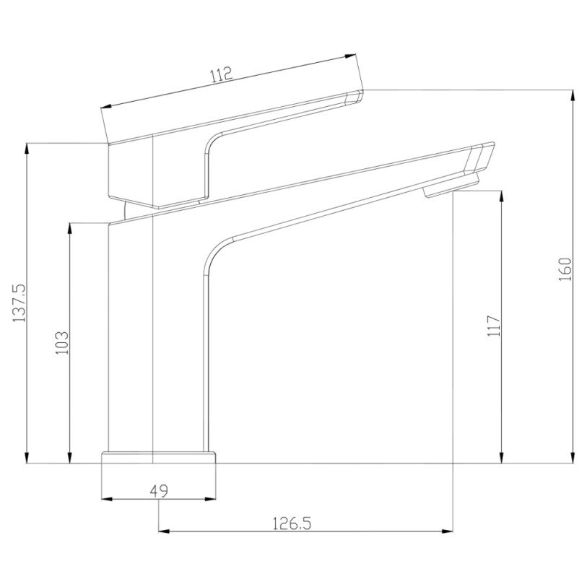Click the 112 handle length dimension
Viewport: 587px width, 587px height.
tap(222, 74)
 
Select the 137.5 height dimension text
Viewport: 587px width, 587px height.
tap(19, 303)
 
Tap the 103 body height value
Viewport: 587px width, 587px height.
tap(62, 342)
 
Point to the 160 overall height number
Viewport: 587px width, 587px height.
tap(565, 269)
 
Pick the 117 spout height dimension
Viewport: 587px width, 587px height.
tap(494, 326)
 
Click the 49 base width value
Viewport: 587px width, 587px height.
tap(159, 490)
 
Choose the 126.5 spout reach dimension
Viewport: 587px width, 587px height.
tap(291, 523)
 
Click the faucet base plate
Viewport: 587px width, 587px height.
tap(159, 458)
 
